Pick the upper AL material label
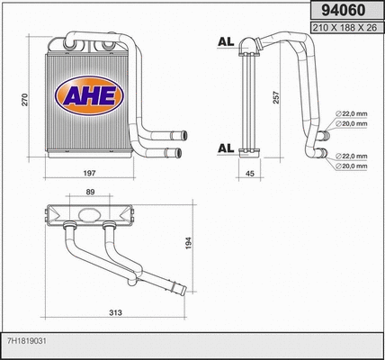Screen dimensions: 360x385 [x=226, y=41]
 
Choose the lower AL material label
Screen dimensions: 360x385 [x=226, y=147]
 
